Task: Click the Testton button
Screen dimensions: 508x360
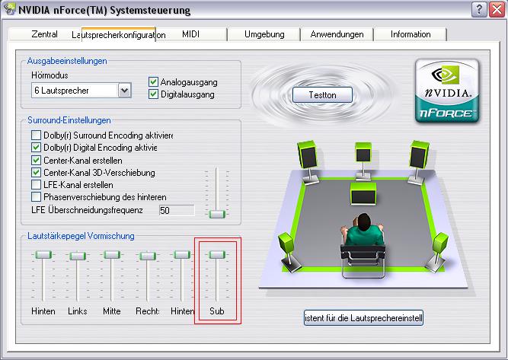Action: click(x=322, y=95)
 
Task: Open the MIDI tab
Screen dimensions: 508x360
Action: click(x=191, y=34)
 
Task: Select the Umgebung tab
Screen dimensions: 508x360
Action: click(x=264, y=34)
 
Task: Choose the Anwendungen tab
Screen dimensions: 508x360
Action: click(x=337, y=34)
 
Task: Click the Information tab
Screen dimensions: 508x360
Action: click(x=411, y=34)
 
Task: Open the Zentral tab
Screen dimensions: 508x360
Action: click(x=45, y=34)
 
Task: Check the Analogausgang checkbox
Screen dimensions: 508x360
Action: click(x=153, y=82)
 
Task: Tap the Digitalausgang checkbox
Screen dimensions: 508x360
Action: click(x=153, y=94)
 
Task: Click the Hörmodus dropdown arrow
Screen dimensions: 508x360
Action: click(x=125, y=91)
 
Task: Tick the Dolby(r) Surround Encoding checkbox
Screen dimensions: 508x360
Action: click(x=36, y=135)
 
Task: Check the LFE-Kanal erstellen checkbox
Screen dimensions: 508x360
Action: click(x=36, y=185)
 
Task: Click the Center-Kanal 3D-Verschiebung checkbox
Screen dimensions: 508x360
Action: click(x=36, y=173)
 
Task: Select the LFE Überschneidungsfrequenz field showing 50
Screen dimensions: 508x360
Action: click(x=177, y=210)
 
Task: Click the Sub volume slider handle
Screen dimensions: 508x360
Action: click(x=217, y=255)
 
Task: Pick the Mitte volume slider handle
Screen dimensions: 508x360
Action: click(x=112, y=255)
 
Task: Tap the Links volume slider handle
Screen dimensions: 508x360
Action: click(x=78, y=256)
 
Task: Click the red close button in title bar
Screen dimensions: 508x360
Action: click(x=497, y=10)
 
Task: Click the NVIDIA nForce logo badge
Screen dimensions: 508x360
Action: click(x=447, y=91)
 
